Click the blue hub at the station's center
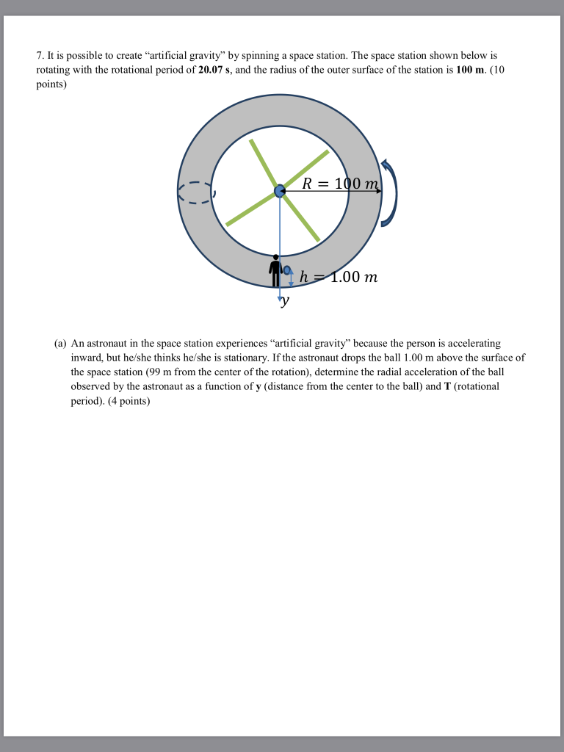(279, 191)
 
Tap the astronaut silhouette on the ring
(275, 270)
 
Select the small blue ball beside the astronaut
(286, 271)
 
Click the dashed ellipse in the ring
(195, 192)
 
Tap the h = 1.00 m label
(339, 278)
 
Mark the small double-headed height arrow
(292, 278)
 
